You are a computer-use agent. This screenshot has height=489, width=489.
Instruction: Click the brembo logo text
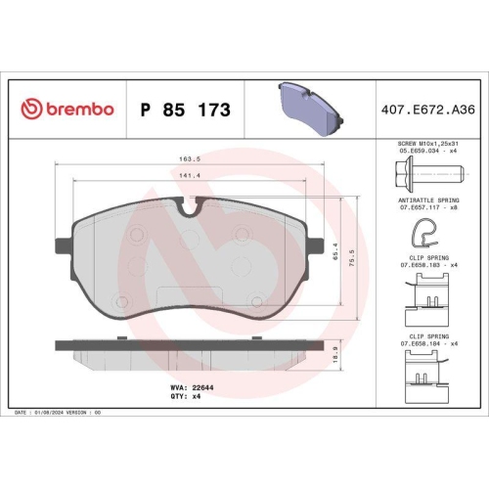(67, 110)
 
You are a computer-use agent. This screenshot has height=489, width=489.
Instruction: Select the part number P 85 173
(186, 110)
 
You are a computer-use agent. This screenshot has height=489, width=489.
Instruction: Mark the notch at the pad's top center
(190, 205)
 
